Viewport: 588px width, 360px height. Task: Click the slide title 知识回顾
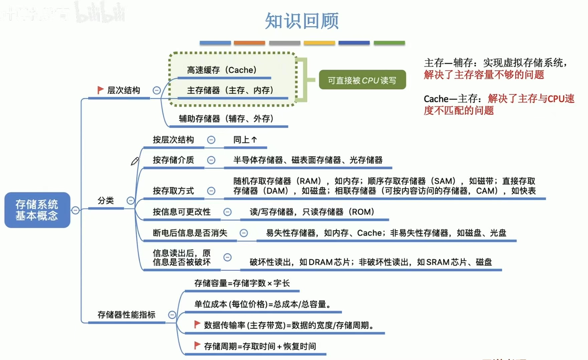302,21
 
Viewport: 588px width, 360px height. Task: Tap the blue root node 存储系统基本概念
37,210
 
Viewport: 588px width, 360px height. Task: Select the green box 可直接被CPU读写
362,80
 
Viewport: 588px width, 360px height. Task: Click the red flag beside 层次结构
100,90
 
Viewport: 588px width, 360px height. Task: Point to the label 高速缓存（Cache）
222,70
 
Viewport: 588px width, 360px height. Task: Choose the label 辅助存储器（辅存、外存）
226,119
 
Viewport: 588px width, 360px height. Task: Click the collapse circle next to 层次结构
157,90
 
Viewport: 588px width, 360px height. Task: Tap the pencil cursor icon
135,161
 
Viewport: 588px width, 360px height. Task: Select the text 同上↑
245,140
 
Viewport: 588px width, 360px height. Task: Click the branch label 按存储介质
173,160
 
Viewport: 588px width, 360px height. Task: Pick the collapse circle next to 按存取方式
211,191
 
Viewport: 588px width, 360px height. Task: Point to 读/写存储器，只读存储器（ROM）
312,212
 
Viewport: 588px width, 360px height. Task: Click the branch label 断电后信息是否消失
190,233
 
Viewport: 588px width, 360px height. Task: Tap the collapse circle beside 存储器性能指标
172,315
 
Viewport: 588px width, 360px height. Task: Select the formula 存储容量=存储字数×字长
242,283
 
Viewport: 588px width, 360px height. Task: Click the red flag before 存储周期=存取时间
197,345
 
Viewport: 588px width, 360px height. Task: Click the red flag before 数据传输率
197,324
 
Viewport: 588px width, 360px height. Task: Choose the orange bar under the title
249,43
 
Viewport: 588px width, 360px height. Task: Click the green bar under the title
389,43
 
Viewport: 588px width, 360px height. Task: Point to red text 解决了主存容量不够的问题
484,75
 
